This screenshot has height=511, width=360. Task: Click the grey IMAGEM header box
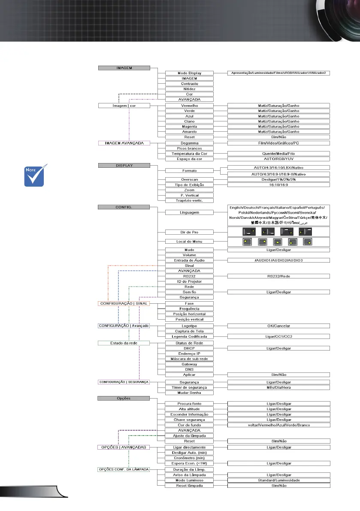tap(124, 67)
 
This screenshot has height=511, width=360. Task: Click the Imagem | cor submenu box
tap(124, 105)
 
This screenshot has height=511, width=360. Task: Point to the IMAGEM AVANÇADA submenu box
tap(124, 143)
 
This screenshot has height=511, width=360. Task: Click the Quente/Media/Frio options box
tap(278, 153)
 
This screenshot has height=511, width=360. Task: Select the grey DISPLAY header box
tap(124, 165)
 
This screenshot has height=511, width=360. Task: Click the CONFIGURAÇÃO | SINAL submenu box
tap(124, 304)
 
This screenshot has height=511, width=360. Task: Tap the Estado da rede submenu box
tap(124, 343)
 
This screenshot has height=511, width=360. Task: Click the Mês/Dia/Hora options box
tap(278, 387)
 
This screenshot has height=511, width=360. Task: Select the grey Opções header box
tap(124, 398)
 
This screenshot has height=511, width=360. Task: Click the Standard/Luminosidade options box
tap(278, 480)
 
